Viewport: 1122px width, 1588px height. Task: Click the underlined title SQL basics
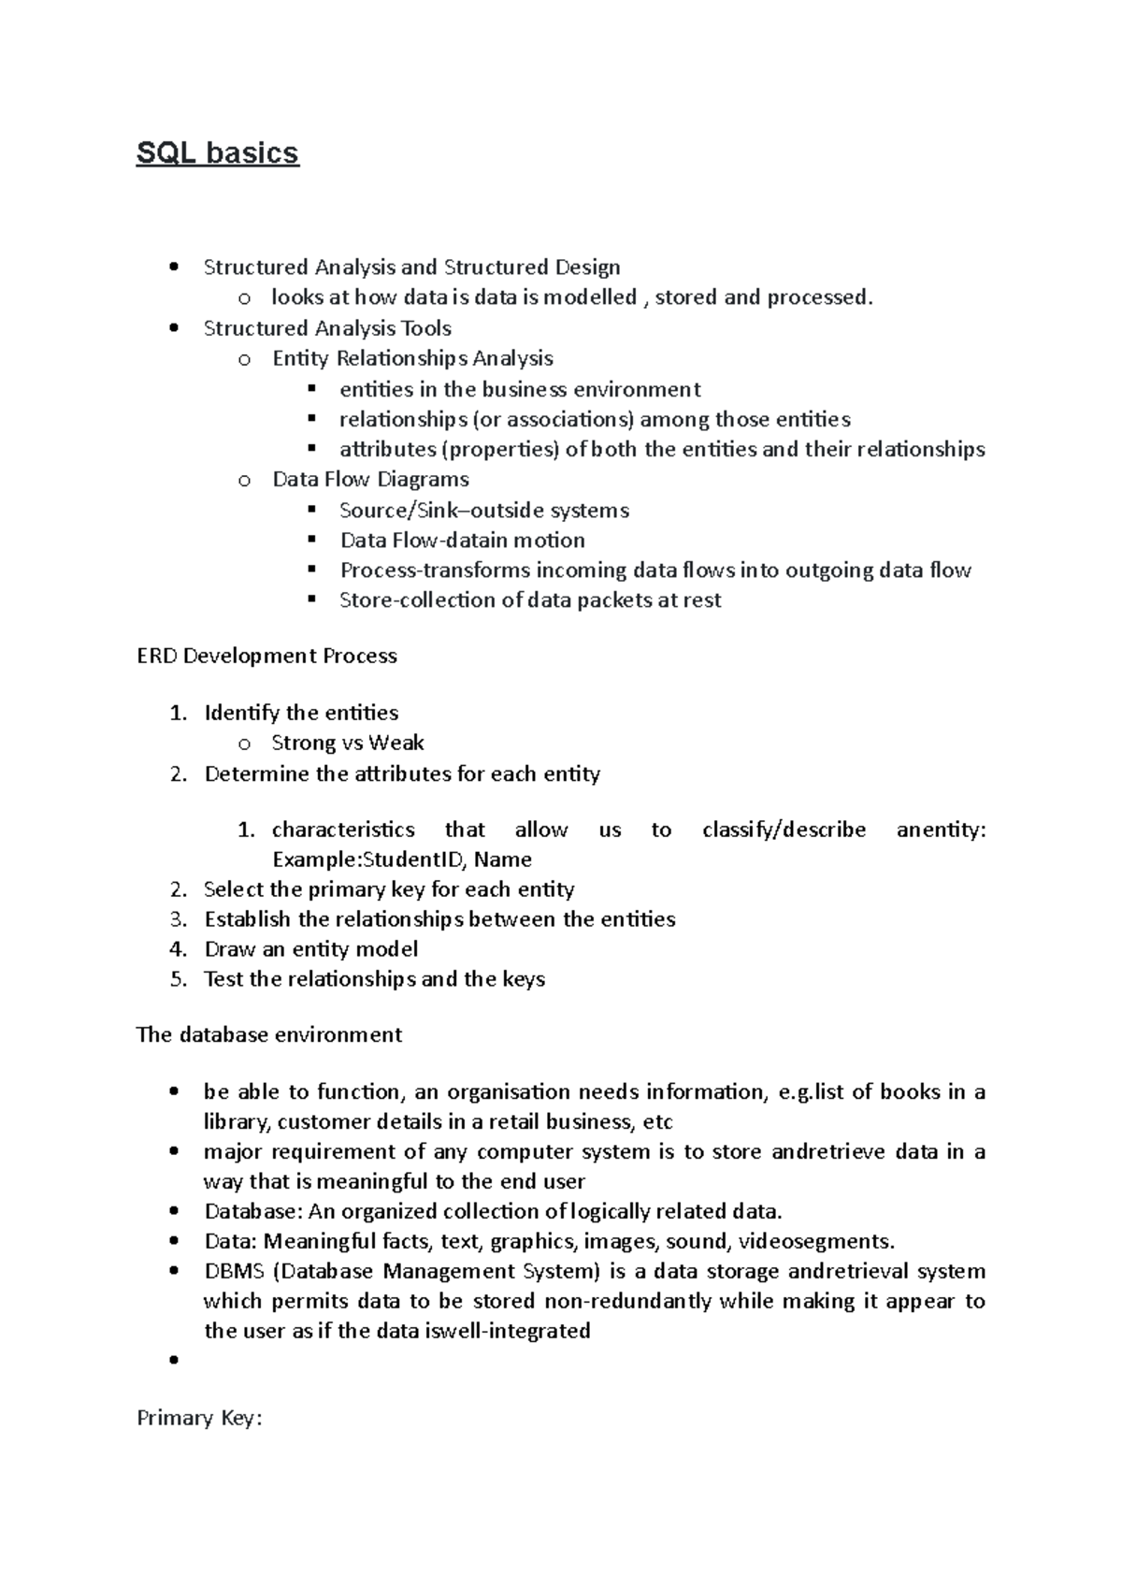tap(217, 152)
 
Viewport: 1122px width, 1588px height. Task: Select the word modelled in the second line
tap(590, 297)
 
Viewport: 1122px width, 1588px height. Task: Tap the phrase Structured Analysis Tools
tap(327, 328)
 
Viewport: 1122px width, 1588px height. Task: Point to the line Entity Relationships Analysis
tap(412, 358)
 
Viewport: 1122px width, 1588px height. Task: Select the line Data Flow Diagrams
tap(370, 479)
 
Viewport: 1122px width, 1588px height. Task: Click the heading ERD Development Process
tap(266, 656)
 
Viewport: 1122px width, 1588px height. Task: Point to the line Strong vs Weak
tap(347, 743)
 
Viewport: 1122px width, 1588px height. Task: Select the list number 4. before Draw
tap(179, 949)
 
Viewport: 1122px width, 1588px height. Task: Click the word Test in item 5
tap(224, 979)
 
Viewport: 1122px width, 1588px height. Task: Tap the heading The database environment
tap(269, 1034)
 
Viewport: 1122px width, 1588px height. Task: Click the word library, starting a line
tap(237, 1121)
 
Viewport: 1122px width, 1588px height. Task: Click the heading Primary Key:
tap(200, 1418)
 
